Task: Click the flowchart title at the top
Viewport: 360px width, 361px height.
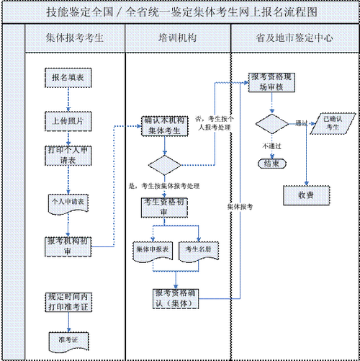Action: coord(179,12)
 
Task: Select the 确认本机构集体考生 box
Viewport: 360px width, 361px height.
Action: coord(165,127)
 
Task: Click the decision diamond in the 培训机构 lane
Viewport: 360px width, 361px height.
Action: coord(165,165)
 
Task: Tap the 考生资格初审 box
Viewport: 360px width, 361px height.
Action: coord(165,208)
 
